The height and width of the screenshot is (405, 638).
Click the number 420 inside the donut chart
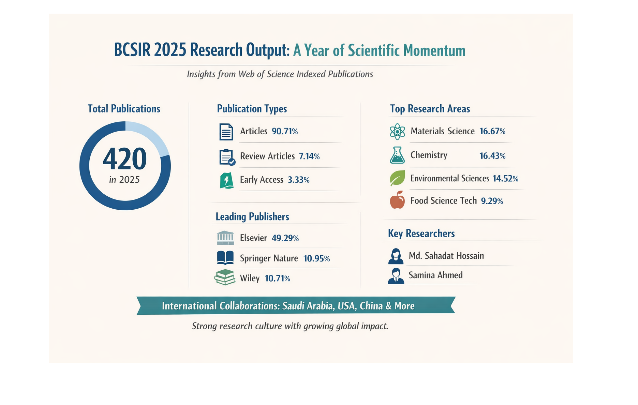[x=125, y=159]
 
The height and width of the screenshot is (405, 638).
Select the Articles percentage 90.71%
[x=285, y=131]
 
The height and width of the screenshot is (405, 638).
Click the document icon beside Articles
[x=226, y=132]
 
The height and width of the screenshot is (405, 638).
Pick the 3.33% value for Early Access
[x=298, y=180]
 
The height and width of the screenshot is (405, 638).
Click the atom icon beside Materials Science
[x=397, y=132]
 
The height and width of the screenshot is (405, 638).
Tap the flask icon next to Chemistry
[x=397, y=155]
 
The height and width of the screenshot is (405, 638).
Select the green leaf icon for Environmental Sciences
[x=397, y=178]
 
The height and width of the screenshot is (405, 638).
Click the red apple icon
[x=397, y=200]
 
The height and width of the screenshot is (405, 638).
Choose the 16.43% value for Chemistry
[x=492, y=156]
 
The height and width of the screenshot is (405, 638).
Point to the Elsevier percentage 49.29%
[x=285, y=238]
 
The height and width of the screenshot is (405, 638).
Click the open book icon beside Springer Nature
[x=225, y=258]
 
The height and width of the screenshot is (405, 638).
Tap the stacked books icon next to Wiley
[x=225, y=277]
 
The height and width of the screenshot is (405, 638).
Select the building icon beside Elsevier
[x=225, y=238]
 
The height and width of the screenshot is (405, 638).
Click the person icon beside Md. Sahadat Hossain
[x=396, y=256]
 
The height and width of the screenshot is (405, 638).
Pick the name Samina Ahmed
[x=435, y=275]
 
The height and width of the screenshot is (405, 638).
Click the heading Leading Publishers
[x=252, y=217]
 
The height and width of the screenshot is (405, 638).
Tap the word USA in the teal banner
[x=346, y=306]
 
